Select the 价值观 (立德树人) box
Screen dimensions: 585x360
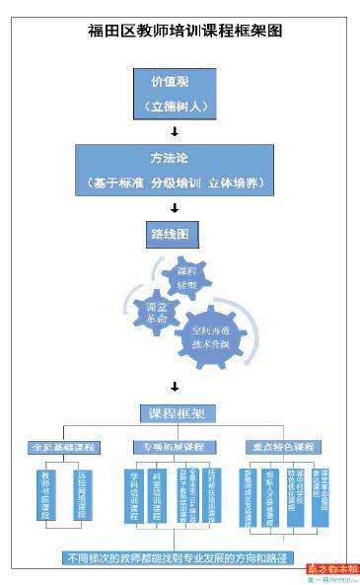click(174, 92)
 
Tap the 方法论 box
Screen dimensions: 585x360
click(175, 171)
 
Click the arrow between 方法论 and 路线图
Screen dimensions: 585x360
click(175, 207)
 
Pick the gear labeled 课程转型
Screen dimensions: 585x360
click(186, 278)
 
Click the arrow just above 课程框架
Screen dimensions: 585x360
click(175, 386)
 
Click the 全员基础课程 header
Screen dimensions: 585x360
click(65, 447)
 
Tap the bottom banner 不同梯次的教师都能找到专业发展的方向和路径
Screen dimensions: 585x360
click(174, 557)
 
